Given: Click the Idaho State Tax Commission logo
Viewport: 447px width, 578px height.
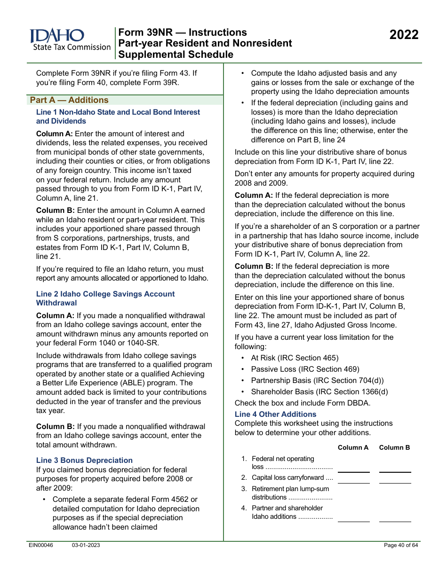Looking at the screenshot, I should [x=70, y=40].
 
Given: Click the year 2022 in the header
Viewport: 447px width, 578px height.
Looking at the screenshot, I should [x=404, y=35].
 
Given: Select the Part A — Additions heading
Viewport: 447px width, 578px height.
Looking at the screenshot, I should [x=69, y=100].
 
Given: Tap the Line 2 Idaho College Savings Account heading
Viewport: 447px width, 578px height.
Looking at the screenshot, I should [x=105, y=298].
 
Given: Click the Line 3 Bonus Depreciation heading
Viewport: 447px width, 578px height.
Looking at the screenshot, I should [x=84, y=461].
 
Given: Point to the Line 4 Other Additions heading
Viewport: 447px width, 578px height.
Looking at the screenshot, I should [x=275, y=414].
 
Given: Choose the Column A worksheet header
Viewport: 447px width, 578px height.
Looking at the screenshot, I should [x=353, y=447].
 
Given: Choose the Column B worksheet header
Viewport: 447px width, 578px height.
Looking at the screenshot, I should [x=394, y=447].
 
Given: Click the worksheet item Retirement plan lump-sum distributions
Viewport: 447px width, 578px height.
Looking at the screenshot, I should [x=290, y=493].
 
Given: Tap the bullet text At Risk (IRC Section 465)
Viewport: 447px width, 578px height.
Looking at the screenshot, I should [x=295, y=358].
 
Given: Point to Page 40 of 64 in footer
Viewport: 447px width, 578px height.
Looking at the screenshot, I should [x=400, y=546].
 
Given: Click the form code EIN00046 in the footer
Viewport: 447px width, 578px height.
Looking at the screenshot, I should [x=41, y=546].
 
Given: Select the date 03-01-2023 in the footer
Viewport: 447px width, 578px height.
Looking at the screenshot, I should [x=86, y=546].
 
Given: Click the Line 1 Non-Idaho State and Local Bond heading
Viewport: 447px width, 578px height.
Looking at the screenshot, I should [x=118, y=117].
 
